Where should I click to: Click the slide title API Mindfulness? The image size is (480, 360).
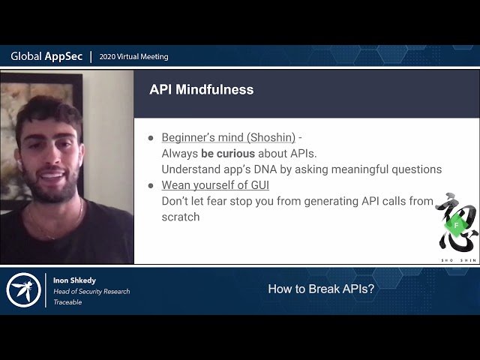[x=201, y=90]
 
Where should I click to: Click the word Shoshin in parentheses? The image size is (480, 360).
[x=271, y=138]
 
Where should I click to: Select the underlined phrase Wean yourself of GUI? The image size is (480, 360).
[x=215, y=185]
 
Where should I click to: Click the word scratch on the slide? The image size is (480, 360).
[x=181, y=217]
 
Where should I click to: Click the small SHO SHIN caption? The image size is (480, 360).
[x=456, y=259]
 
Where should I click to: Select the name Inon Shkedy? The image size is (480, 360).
[x=75, y=280]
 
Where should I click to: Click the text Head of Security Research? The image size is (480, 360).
[x=91, y=291]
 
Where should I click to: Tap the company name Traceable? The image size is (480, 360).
[x=67, y=302]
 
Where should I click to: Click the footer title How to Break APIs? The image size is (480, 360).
[x=321, y=289]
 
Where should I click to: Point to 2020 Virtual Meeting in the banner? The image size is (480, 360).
[x=134, y=57]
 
